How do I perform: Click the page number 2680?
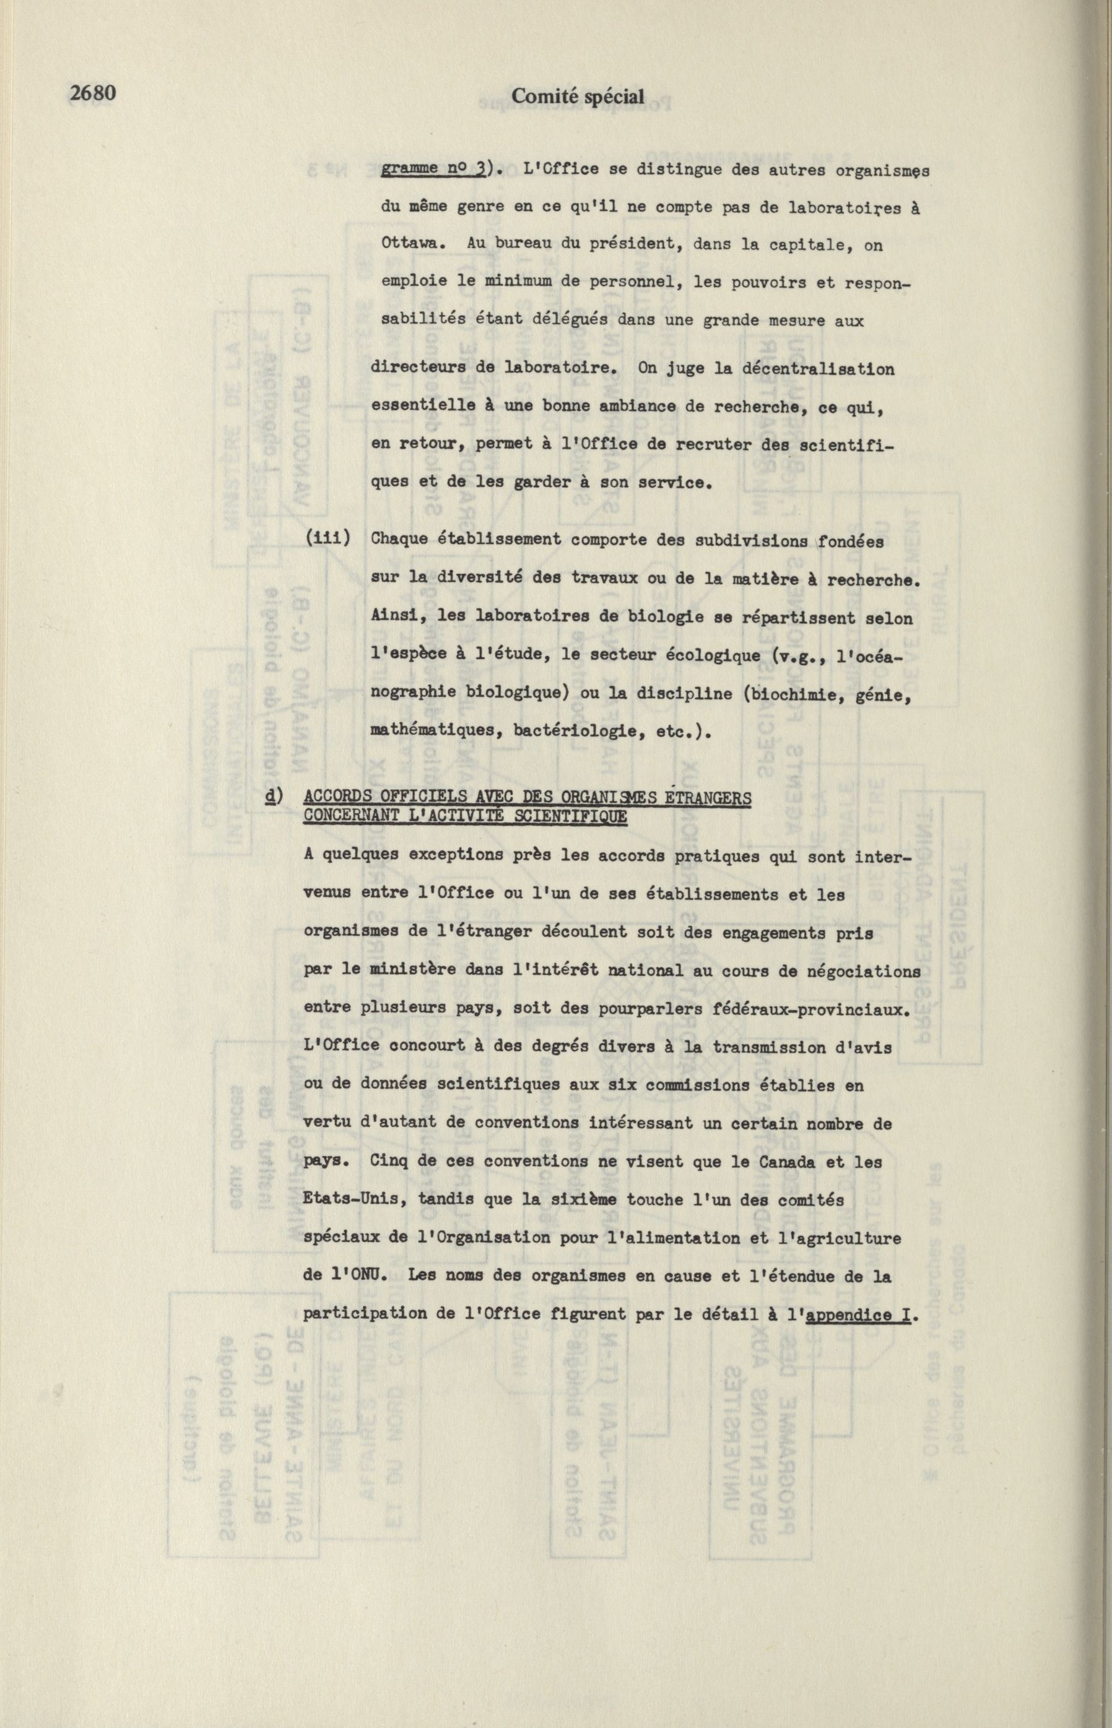(92, 94)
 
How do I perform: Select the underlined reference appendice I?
(857, 1315)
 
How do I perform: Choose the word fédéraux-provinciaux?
(812, 1009)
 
